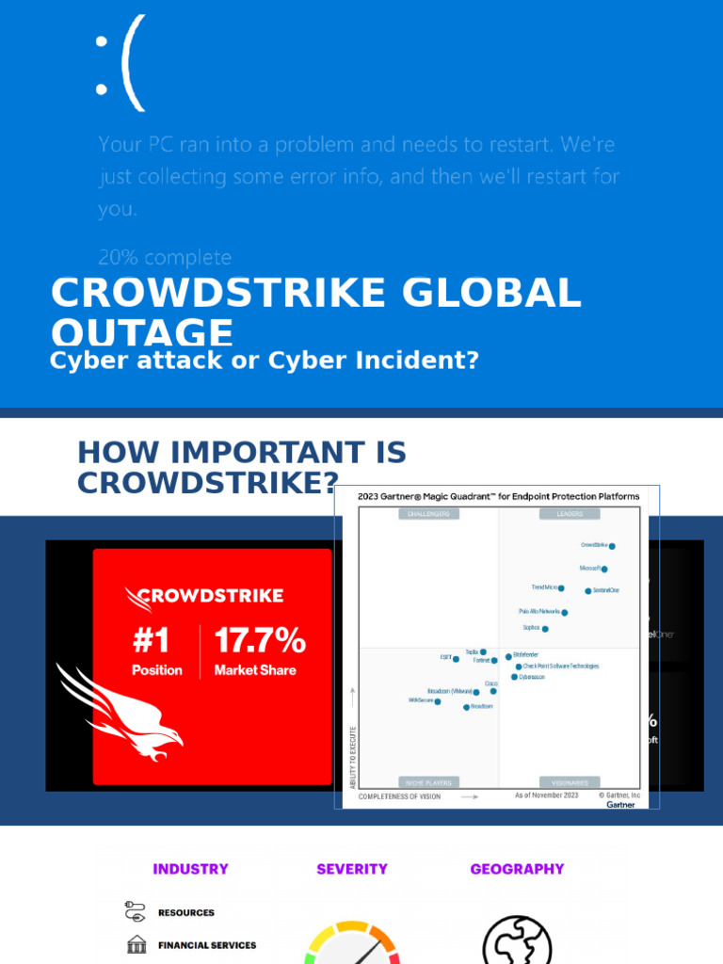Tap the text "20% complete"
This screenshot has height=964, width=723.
coord(165,257)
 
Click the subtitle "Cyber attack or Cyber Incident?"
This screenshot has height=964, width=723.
coord(265,361)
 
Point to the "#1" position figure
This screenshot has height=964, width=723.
coord(151,642)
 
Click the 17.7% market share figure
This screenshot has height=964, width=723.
coord(260,642)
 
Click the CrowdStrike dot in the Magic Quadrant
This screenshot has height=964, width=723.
coord(612,546)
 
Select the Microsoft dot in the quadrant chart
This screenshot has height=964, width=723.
coord(604,570)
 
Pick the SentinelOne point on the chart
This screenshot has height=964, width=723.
coord(588,591)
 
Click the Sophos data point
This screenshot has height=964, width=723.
coord(545,629)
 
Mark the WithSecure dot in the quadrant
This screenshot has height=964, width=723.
coord(437,701)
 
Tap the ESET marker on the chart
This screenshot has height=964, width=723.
coord(457,659)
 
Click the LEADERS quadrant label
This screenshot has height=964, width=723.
coord(570,514)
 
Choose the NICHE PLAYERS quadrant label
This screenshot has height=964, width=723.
coord(428,782)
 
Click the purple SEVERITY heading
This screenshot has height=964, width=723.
coord(352,869)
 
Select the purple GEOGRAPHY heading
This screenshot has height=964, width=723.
coord(517,869)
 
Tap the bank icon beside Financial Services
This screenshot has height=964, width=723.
coord(137,944)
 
